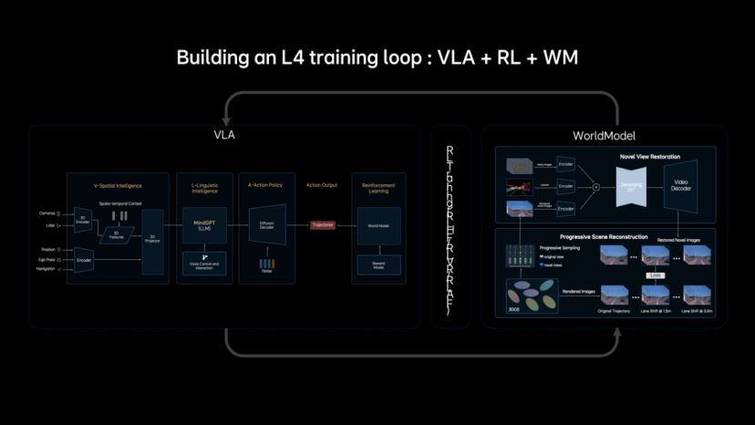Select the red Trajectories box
[x=323, y=224]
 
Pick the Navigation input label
[x=46, y=270]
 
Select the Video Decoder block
[x=681, y=186]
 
